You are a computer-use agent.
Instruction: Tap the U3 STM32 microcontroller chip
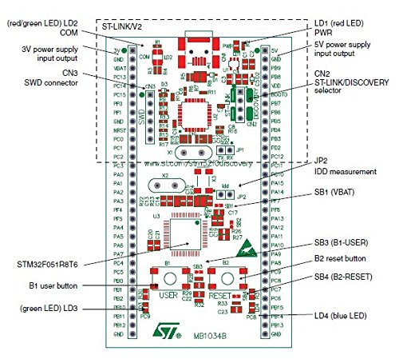tap(183, 236)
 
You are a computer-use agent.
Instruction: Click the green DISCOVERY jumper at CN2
tap(250, 101)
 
